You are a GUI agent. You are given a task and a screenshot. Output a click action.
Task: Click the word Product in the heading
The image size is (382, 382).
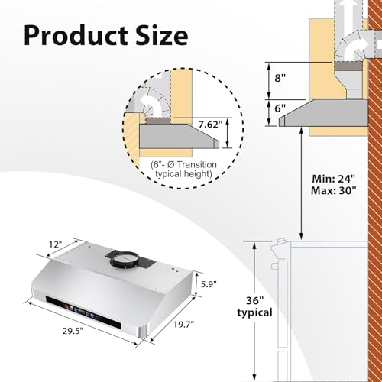coord(76,35)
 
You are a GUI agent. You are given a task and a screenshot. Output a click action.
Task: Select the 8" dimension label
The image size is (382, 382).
coord(280,77)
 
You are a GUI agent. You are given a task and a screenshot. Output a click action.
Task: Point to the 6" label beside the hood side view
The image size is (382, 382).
coord(280,108)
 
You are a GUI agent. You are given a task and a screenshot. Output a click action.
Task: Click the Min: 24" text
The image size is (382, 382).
coord(333,179)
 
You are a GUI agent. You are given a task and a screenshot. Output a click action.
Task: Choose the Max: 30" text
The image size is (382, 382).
coord(333,190)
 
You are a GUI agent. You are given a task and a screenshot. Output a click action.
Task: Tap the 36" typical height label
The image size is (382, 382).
coord(255,306)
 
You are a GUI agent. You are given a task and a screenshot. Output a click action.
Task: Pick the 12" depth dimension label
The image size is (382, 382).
coord(55,244)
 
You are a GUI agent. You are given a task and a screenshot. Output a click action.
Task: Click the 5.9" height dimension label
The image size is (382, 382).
coord(209,284)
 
